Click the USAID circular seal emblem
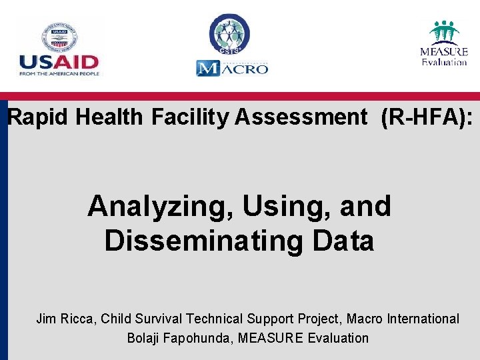coord(59,37)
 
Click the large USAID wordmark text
coord(59,62)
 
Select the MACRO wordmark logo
coord(232,68)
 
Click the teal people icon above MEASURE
coord(444,31)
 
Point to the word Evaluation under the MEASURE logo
coord(444,62)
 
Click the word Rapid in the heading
coord(39,117)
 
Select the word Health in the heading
coord(109,117)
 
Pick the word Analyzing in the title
coord(161,207)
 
